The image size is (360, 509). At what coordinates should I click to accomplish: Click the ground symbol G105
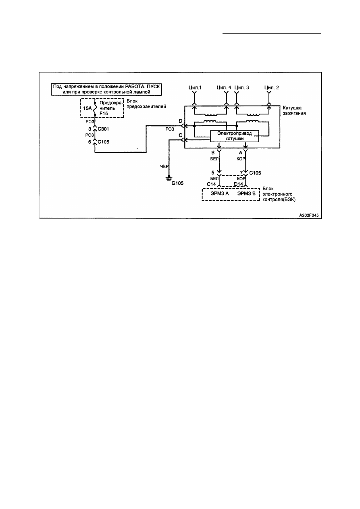point(169,178)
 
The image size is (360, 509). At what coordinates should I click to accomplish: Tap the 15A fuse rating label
point(87,108)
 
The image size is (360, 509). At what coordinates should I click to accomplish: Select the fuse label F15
point(104,114)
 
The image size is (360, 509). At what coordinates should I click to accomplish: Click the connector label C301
point(104,129)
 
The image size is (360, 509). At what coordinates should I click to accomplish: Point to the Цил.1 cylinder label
point(195,87)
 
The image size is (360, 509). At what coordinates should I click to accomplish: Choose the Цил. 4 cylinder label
point(224,87)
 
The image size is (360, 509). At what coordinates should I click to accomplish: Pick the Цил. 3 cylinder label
point(241,87)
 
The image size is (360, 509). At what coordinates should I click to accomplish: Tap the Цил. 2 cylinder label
point(272,87)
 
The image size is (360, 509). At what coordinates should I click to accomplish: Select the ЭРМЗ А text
point(220,193)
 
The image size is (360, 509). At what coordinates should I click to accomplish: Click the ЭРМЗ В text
point(246,193)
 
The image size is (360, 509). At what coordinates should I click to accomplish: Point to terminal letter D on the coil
point(181,121)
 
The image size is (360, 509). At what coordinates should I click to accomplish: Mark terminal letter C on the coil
point(181,135)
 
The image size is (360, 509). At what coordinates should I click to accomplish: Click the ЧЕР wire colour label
point(164,166)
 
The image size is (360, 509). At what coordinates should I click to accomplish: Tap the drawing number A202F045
point(309,215)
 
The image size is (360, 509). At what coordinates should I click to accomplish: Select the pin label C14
point(211,184)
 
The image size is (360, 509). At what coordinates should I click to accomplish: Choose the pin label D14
point(238,184)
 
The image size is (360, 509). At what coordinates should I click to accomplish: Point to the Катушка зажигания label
point(294,110)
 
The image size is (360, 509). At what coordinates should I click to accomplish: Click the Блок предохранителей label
point(146,104)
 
